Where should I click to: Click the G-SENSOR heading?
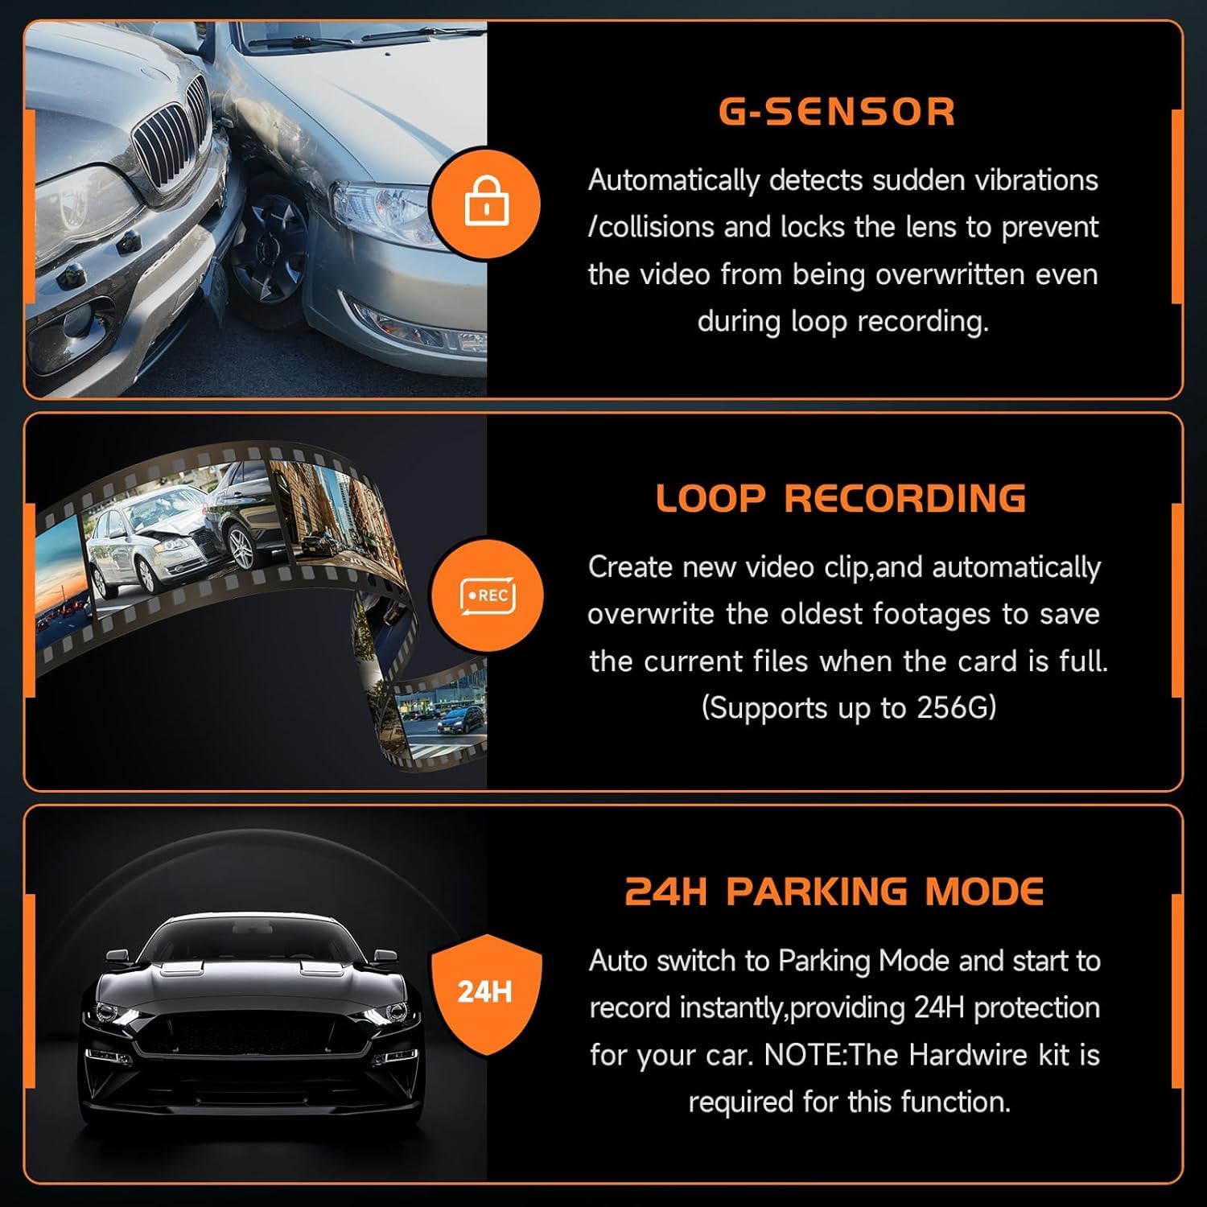click(836, 111)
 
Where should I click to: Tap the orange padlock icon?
click(486, 202)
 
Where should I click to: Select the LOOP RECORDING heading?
click(841, 498)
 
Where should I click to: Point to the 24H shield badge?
click(486, 991)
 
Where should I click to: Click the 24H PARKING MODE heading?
click(834, 892)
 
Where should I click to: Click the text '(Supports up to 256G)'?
click(848, 708)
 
